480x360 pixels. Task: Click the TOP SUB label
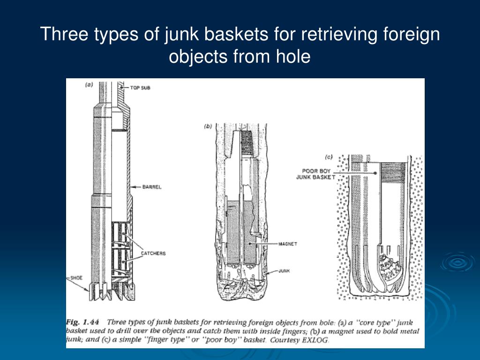141,88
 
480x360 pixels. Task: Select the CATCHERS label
153,254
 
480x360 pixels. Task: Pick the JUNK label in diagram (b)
284,270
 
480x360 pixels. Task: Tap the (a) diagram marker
89,85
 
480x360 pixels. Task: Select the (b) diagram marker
208,126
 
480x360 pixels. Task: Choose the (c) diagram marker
330,157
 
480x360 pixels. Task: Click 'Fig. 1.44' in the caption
87,322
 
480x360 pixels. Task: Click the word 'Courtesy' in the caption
285,341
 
